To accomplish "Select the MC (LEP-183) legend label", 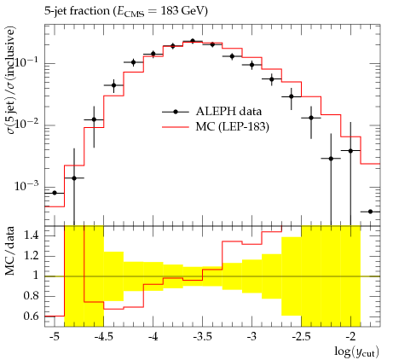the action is (x=232, y=126).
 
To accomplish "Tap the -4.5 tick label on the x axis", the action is (x=103, y=337).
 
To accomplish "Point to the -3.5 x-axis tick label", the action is (x=202, y=337).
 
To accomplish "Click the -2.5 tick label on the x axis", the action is (x=301, y=337).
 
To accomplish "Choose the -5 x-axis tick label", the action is (x=55, y=337).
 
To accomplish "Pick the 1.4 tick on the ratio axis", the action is (x=32, y=235).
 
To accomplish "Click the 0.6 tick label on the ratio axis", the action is (x=32, y=316).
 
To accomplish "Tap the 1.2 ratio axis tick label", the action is (x=32, y=256).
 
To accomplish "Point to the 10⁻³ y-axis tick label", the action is (x=27, y=185).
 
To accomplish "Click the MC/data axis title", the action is (x=10, y=251).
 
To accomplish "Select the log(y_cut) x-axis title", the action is (x=357, y=351).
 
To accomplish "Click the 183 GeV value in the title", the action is (x=182, y=11).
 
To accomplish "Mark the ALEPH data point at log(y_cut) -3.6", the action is (x=193, y=41).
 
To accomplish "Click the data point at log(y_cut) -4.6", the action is (x=94, y=119).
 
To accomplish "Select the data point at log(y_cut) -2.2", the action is (x=331, y=159).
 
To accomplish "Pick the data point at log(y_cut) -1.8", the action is (x=370, y=212).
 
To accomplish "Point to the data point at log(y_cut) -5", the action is (x=55, y=193).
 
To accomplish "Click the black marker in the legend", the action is (x=176, y=112).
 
